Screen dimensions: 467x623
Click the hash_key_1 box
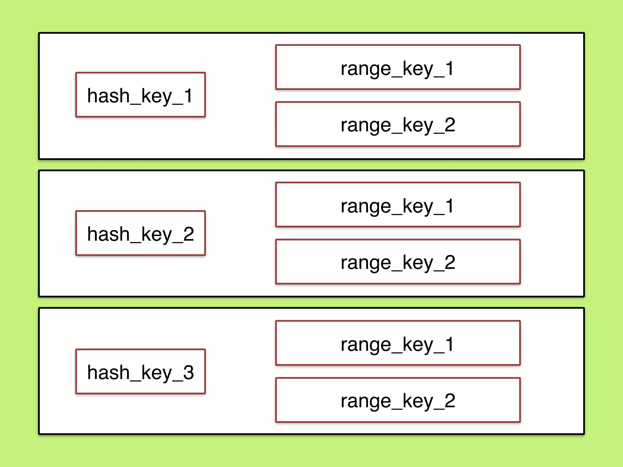pos(141,95)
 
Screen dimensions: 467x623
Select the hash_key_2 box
pos(141,233)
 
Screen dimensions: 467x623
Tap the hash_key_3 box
pos(141,372)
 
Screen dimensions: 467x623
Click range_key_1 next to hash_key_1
pos(398,67)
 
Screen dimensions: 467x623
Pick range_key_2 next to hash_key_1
pos(398,124)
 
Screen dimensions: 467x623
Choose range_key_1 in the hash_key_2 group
pos(398,205)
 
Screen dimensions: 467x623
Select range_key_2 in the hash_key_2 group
pos(398,262)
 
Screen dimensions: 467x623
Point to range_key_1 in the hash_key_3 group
pos(398,343)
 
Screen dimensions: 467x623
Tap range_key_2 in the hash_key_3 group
pos(398,400)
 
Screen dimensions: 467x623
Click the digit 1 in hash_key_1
pos(188,95)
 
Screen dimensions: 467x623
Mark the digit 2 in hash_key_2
pos(188,234)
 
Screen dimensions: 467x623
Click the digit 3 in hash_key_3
pos(188,372)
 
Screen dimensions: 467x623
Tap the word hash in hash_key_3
pos(108,372)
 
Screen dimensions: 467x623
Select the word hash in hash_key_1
pos(108,95)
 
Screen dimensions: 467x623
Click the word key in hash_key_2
pos(157,235)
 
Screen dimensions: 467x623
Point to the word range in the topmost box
pos(366,69)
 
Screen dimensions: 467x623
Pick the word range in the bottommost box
pos(366,402)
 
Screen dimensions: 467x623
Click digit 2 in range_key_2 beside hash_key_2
pos(450,262)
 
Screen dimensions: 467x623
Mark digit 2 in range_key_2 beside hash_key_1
pos(450,125)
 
